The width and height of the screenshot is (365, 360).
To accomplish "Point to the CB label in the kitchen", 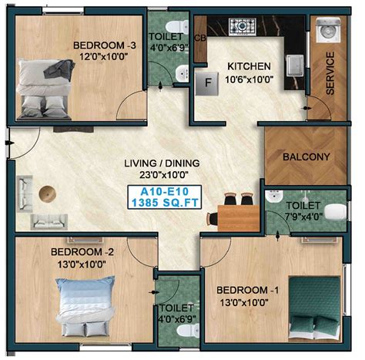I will click(x=200, y=37).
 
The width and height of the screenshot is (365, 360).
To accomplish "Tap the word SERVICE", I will click(x=330, y=74).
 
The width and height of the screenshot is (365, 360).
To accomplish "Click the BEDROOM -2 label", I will click(x=82, y=252).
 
